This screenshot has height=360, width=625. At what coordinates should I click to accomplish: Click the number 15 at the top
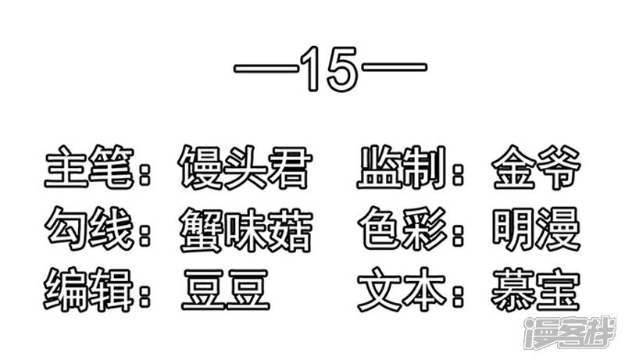329,69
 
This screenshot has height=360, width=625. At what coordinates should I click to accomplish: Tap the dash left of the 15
266,69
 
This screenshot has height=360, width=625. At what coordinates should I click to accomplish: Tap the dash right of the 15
394,66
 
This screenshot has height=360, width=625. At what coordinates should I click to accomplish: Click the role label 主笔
89,166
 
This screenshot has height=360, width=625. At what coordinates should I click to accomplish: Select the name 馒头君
245,166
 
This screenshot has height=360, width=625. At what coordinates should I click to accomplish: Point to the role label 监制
402,166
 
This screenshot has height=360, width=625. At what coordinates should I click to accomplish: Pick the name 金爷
536,166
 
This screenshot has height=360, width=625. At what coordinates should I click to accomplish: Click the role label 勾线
89,229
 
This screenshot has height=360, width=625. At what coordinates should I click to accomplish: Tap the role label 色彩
402,229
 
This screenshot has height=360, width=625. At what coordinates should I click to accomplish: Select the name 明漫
536,230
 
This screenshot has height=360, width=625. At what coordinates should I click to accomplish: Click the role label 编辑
88,290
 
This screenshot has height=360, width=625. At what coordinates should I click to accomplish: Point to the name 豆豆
226,290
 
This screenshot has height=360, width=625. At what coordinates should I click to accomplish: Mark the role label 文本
402,290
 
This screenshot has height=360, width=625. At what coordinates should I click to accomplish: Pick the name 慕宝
535,290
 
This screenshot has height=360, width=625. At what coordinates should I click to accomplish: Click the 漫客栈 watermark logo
571,333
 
